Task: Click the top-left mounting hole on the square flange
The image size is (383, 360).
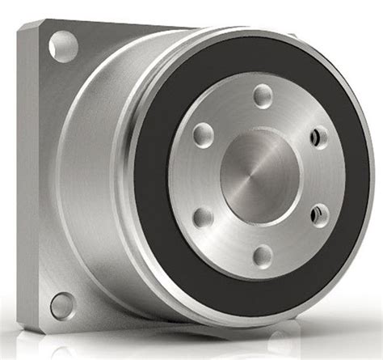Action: (x=63, y=46)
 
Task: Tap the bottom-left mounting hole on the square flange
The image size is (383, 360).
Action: (x=62, y=306)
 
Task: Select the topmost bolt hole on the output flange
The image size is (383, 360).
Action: (x=263, y=96)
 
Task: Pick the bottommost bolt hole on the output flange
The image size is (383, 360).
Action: (x=263, y=256)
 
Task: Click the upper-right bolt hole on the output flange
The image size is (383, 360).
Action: (x=320, y=137)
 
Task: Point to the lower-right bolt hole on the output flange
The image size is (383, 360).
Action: (x=320, y=215)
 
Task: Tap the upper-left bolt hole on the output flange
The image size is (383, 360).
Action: (x=204, y=134)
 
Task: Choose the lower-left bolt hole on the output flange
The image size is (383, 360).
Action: (x=204, y=217)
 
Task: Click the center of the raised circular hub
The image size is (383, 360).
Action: (x=259, y=176)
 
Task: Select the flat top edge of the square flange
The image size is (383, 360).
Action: (x=121, y=23)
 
